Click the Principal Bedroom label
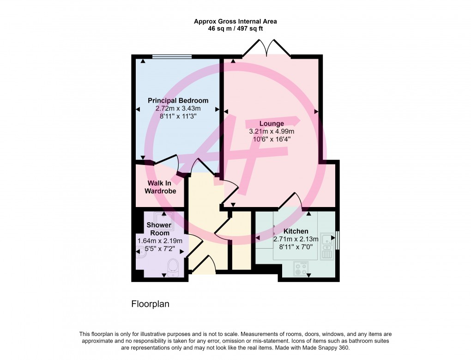[178, 101]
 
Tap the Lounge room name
[272, 123]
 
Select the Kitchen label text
[296, 231]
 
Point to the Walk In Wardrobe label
[160, 187]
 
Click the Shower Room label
[159, 229]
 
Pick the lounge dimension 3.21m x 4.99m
[272, 131]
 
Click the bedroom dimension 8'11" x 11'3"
[178, 116]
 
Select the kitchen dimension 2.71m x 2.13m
[296, 239]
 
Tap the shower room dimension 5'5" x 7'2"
[160, 249]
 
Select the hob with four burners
[301, 268]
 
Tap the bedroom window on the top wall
[172, 57]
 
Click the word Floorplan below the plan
[151, 304]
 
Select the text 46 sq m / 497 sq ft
[235, 29]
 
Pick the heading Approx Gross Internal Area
[235, 21]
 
